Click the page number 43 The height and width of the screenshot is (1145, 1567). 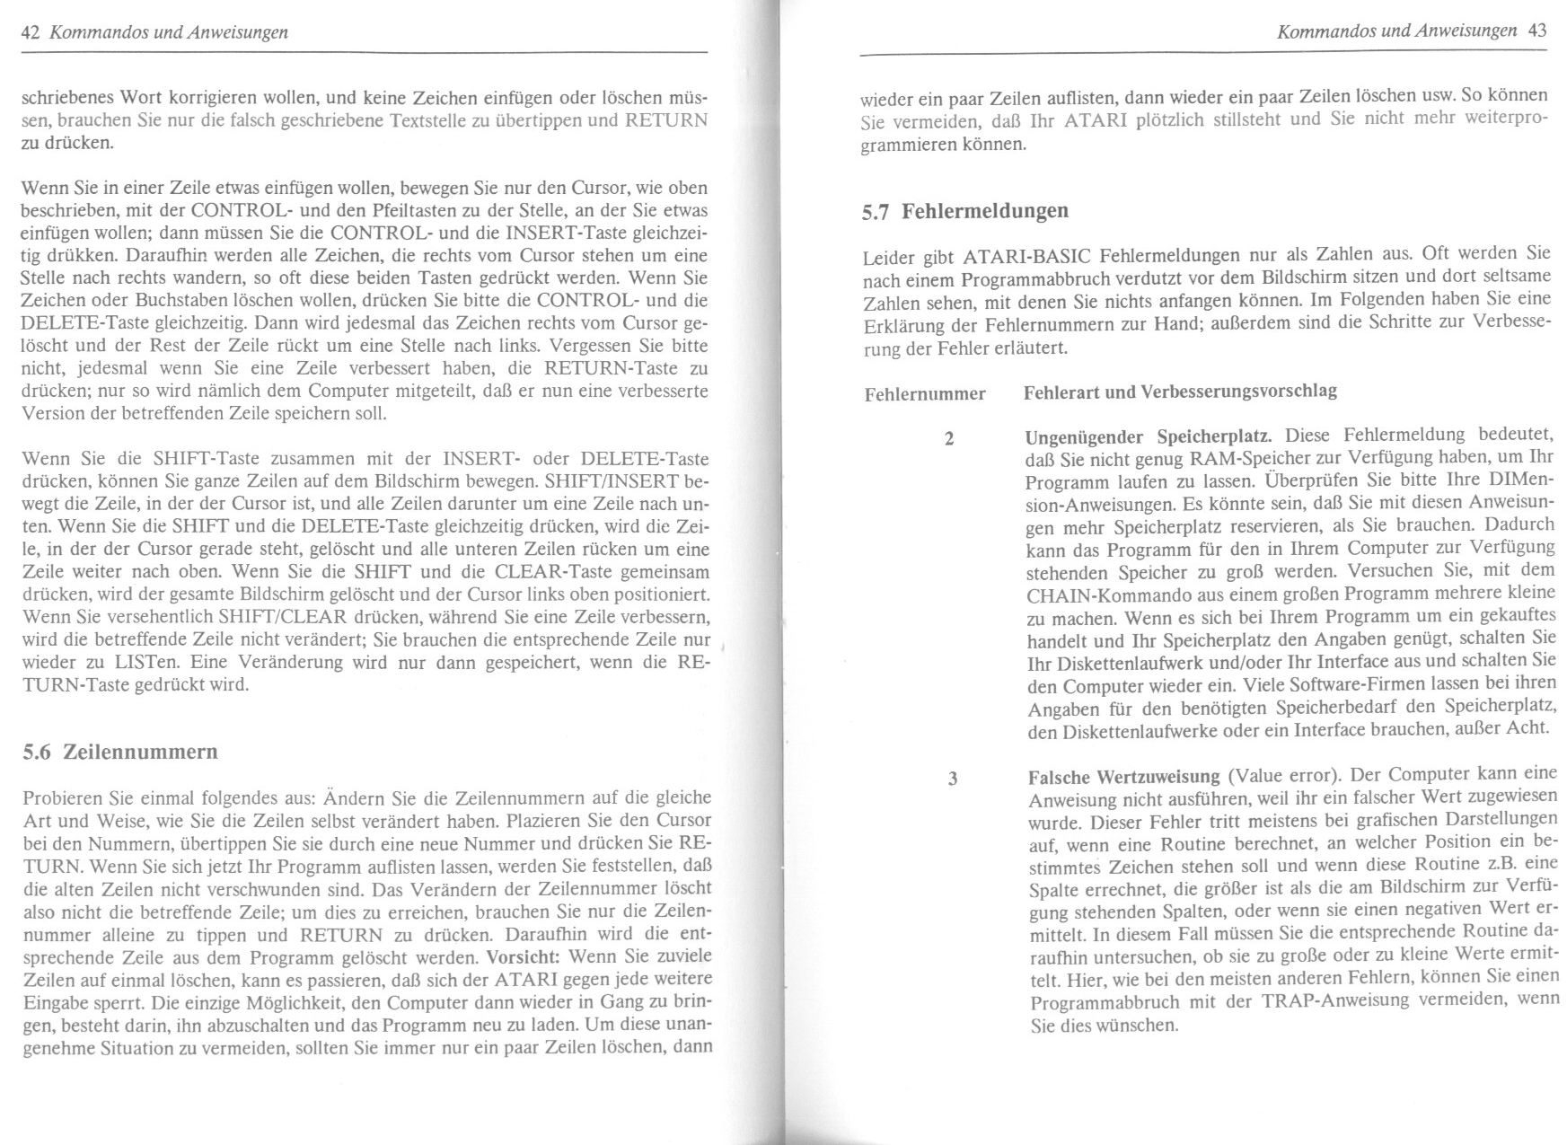click(x=1536, y=31)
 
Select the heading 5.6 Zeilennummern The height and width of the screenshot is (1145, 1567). click(x=120, y=752)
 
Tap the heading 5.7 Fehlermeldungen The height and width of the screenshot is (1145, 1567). click(x=965, y=211)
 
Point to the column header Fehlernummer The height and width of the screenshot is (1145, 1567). click(x=925, y=394)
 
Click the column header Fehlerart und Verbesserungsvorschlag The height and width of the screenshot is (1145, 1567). click(x=1180, y=392)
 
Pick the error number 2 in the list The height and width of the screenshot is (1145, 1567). click(x=949, y=439)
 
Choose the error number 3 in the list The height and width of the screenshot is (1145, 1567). click(x=952, y=779)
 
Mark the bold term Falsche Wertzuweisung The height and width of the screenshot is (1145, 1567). click(x=1123, y=777)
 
